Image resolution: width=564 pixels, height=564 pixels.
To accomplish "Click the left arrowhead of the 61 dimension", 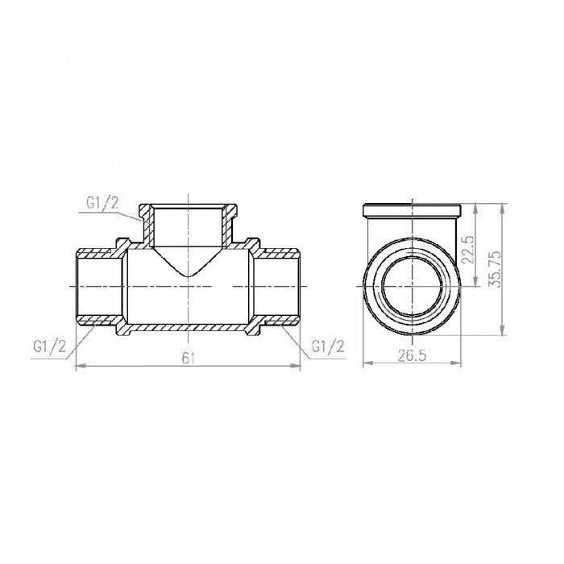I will coord(78,367).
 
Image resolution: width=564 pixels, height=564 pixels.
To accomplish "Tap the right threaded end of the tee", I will coord(279,288).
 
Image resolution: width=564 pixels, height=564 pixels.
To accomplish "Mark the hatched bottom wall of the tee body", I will coord(187,329).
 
